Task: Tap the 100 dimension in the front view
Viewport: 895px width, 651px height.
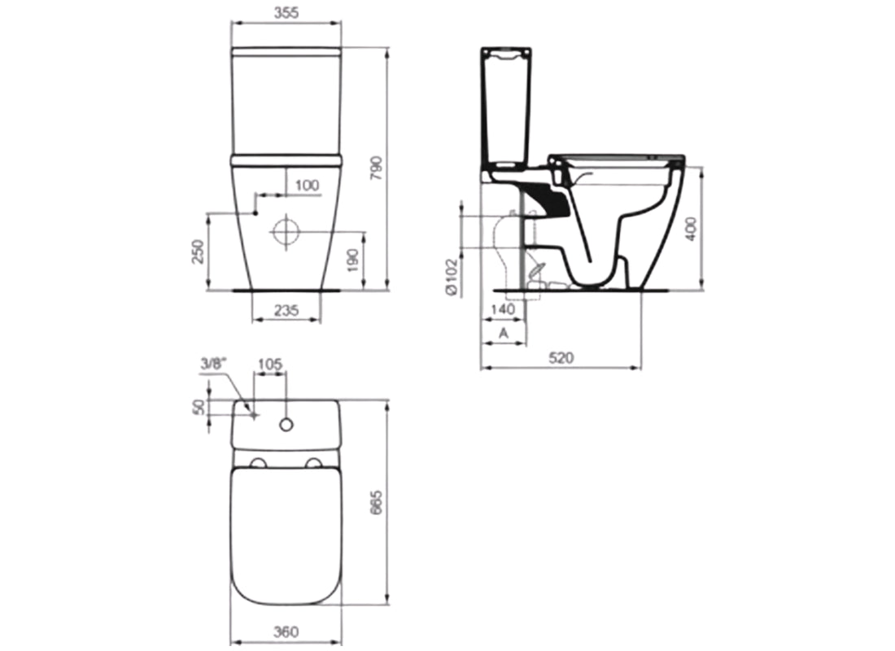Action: [307, 185]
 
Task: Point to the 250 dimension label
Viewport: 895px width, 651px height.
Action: [196, 252]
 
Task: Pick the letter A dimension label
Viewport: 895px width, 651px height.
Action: [504, 333]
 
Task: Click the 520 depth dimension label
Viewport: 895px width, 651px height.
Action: [561, 357]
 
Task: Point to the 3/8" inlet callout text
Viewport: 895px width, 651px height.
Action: [211, 365]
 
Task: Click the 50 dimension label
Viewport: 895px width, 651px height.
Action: [196, 407]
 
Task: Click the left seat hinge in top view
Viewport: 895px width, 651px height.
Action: [260, 464]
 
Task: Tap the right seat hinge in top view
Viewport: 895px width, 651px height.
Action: [313, 464]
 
